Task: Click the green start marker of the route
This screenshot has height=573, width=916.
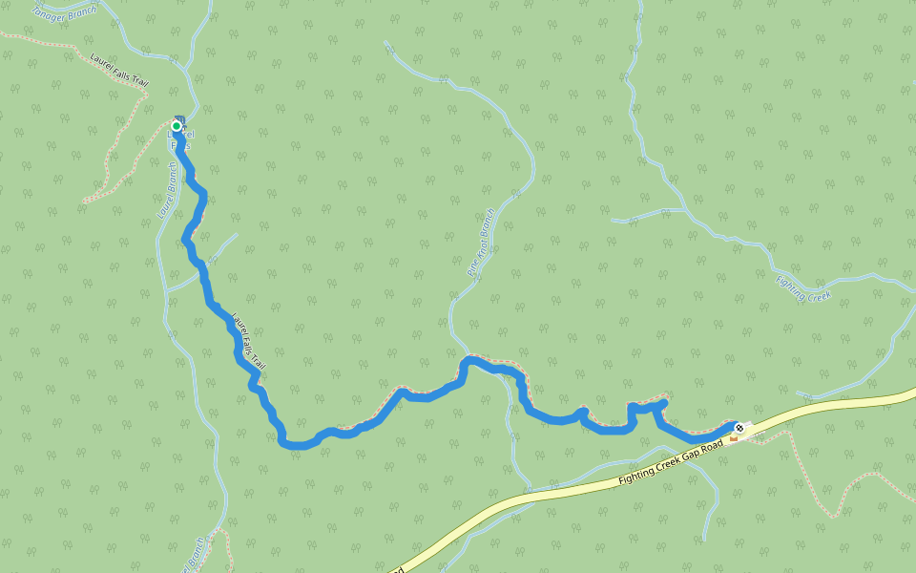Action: pyautogui.click(x=177, y=126)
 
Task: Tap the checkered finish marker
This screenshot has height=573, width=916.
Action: pyautogui.click(x=739, y=428)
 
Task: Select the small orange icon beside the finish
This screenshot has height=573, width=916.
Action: pyautogui.click(x=733, y=438)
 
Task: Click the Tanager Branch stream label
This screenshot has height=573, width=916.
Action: pyautogui.click(x=64, y=12)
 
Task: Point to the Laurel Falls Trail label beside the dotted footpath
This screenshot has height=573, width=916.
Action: pyautogui.click(x=119, y=70)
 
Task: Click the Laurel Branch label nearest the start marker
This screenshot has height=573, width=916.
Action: pyautogui.click(x=166, y=190)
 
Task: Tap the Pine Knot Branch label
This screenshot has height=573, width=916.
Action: pyautogui.click(x=481, y=243)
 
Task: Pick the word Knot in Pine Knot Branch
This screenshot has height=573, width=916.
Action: pyautogui.click(x=481, y=244)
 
